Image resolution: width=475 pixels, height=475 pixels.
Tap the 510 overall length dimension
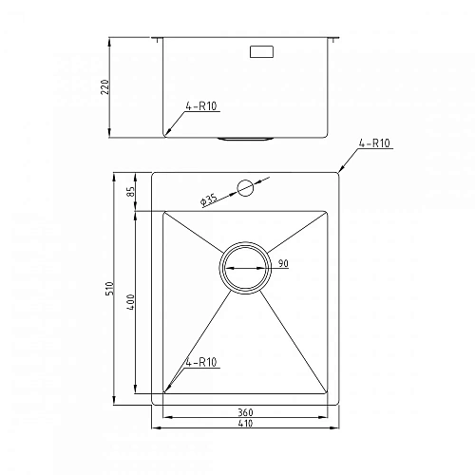[111, 287]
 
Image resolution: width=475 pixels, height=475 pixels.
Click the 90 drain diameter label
[282, 264]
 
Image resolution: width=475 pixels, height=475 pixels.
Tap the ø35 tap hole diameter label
[208, 199]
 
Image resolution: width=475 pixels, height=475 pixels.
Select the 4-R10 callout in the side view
[204, 106]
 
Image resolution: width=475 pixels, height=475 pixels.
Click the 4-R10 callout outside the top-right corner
[375, 144]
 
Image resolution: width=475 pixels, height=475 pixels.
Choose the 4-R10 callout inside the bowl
[202, 361]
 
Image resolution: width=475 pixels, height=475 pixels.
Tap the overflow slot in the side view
[261, 53]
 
